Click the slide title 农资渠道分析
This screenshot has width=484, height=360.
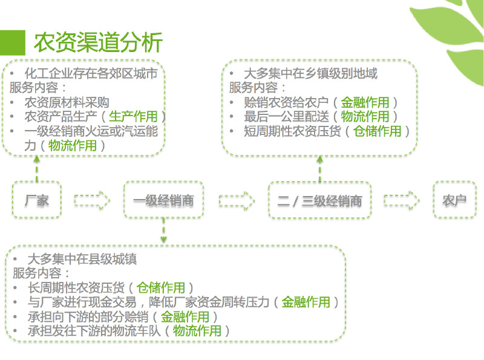point(98,43)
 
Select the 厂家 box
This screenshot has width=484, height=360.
point(37,200)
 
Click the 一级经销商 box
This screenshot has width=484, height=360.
point(163,200)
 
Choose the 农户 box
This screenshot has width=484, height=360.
point(455,200)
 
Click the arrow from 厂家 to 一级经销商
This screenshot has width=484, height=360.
point(92,200)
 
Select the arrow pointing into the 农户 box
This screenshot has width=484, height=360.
point(402,200)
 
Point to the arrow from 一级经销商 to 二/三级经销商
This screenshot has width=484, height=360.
point(236,200)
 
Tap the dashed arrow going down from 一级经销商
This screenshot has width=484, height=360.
point(163,232)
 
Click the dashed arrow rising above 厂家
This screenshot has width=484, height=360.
point(37,168)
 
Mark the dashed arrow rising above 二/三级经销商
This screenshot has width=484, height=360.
point(319,168)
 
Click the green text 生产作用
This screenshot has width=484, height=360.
point(133,116)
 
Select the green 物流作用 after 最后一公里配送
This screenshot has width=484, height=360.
point(365,116)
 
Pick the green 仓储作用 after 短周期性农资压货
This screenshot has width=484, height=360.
point(377,131)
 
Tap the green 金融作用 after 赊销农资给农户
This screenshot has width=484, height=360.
point(365,102)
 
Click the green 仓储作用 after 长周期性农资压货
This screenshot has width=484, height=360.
point(161,287)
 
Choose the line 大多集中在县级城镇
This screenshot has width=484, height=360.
point(82,259)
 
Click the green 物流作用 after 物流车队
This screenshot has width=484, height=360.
point(197,331)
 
